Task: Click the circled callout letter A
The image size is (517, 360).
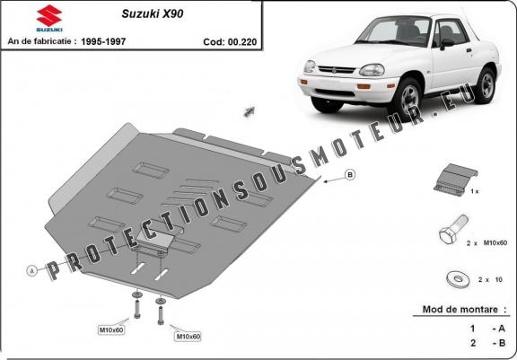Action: tap(31, 269)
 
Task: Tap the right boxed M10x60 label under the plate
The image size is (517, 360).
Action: tap(188, 336)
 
